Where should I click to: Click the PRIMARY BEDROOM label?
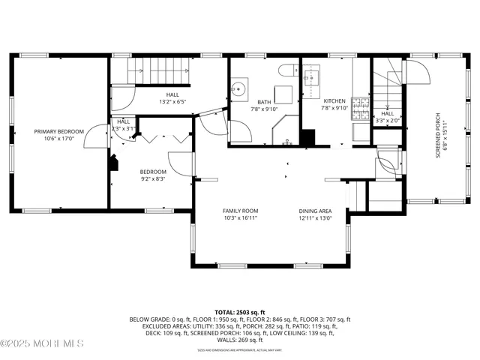point(58,131)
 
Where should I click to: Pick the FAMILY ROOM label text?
point(240,211)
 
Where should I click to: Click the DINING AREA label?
point(315,211)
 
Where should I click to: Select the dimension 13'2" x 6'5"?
point(172,101)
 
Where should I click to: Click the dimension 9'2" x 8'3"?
point(152,179)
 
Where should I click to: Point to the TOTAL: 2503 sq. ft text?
point(240,311)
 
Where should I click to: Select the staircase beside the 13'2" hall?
point(158,73)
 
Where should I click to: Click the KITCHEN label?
point(334,100)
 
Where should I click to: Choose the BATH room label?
point(264,102)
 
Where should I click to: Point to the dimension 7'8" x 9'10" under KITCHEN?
point(334,107)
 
